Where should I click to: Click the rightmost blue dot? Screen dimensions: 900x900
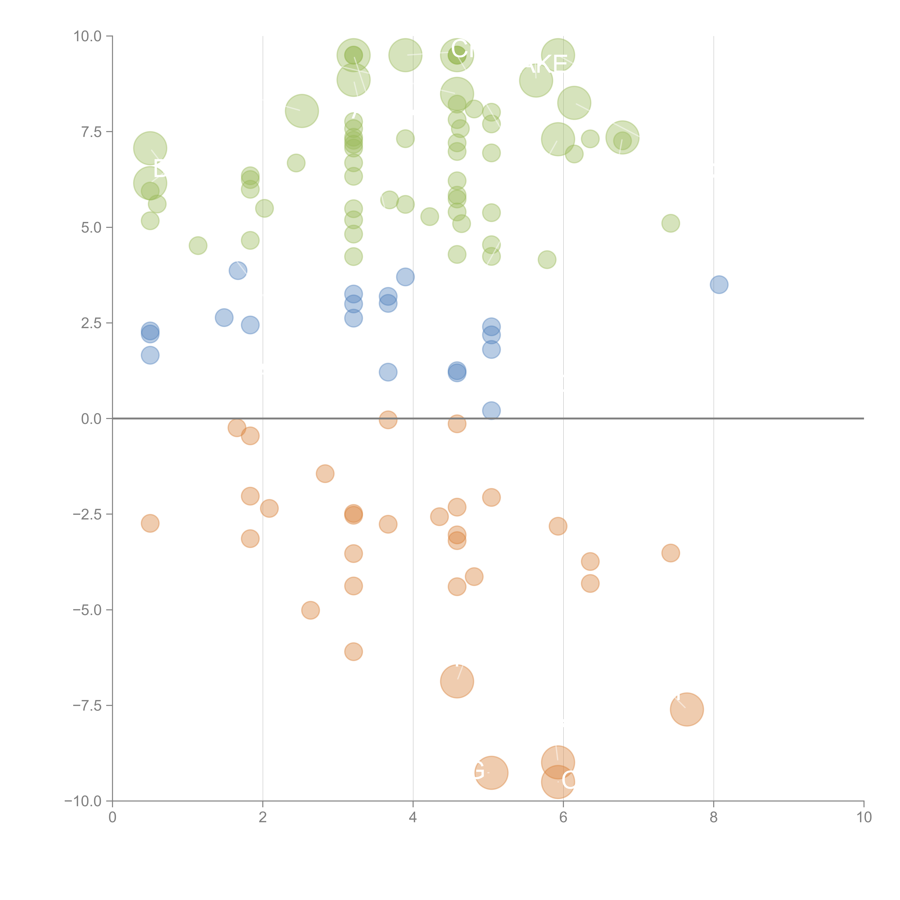coord(719,285)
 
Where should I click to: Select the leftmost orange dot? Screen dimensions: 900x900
coord(150,523)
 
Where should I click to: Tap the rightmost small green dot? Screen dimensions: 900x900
coord(670,223)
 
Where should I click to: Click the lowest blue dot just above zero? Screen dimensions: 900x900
coord(491,410)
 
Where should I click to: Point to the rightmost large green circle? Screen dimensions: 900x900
coord(622,137)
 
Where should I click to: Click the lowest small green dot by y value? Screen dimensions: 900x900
coord(547,260)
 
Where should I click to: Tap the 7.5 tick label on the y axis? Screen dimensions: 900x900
coord(91,132)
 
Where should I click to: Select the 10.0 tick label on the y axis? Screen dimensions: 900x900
coord(88,36)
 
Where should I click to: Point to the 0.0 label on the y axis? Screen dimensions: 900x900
coord(91,419)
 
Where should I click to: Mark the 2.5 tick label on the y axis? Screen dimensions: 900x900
coord(91,323)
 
